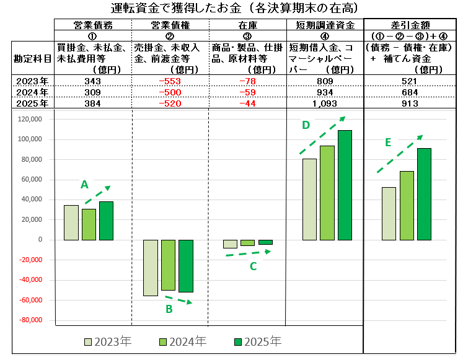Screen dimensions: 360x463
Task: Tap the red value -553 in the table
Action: click(170, 81)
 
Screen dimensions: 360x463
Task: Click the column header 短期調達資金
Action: click(324, 25)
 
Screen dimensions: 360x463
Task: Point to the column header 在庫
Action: click(247, 25)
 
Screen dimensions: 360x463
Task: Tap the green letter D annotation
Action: click(306, 125)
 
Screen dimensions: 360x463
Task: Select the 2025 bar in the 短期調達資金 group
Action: click(345, 185)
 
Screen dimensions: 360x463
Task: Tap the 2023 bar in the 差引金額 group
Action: click(389, 213)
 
